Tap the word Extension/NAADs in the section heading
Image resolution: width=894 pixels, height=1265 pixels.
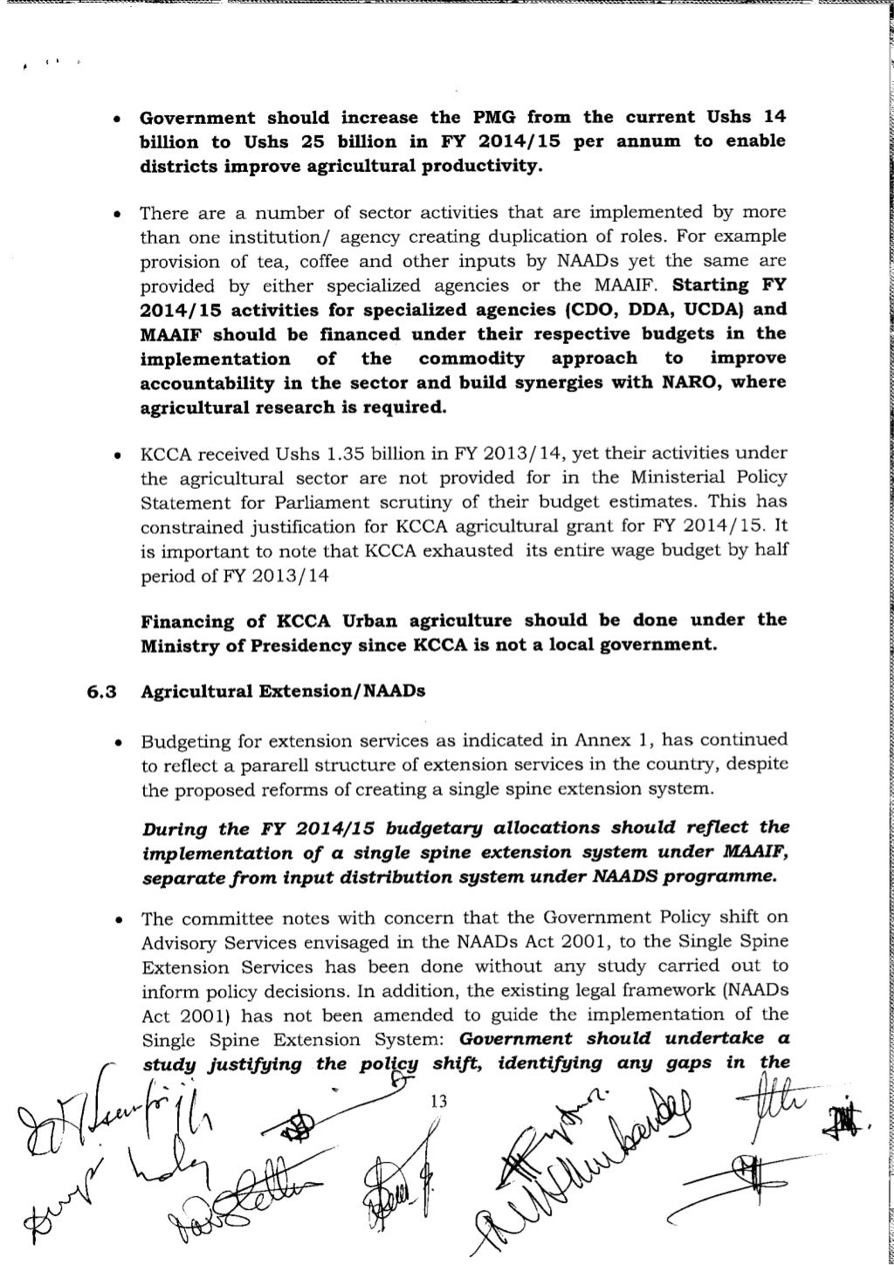click(x=361, y=691)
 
